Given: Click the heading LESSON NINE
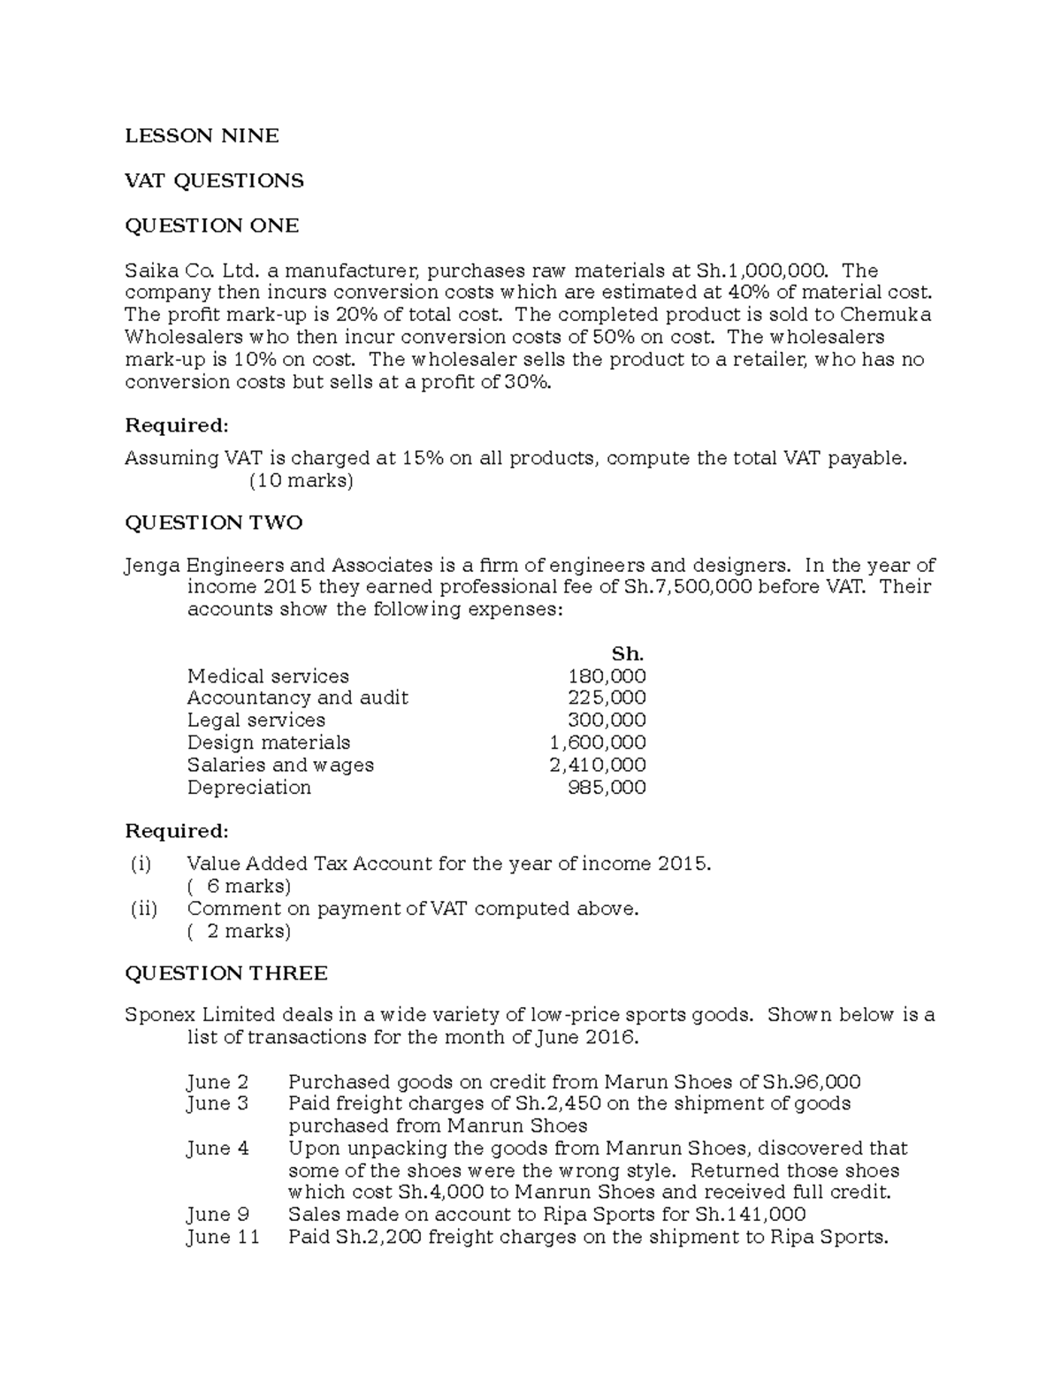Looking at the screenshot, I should [202, 135].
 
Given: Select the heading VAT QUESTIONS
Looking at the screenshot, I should [214, 180].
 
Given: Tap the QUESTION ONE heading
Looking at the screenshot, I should [211, 225].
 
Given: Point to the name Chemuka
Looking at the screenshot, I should [886, 315].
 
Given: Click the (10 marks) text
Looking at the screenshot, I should [302, 481].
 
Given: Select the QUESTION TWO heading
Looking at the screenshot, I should [213, 523].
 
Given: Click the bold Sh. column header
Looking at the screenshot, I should [628, 654].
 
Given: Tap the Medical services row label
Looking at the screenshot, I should [268, 676].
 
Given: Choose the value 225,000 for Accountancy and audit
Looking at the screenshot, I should [607, 698].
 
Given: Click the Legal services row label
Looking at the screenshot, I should [256, 721].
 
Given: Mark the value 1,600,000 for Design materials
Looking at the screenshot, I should [598, 743].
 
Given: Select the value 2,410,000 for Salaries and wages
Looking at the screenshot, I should [598, 765].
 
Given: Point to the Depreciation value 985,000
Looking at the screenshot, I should [607, 788].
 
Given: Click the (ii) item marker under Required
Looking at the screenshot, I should [143, 909].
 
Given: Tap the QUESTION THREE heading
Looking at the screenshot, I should [225, 973].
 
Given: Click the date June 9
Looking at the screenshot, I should [218, 1215].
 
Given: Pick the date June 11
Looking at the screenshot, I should [223, 1237].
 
